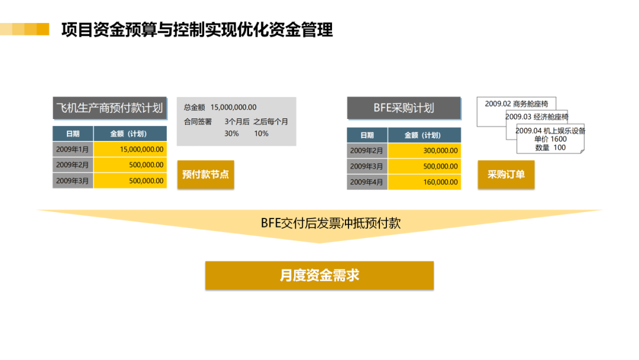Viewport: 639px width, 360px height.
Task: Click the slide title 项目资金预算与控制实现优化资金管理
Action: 197,30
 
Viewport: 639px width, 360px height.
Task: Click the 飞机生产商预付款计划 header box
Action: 109,108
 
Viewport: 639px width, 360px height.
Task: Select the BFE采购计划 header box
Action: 404,108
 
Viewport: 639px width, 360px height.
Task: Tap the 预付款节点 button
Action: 205,175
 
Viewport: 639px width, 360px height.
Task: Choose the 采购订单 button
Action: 506,175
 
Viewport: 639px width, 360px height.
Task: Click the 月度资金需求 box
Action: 319,275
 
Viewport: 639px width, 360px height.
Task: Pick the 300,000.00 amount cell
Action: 424,151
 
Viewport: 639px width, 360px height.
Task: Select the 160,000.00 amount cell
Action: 424,182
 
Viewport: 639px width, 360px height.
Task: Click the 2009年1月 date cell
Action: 72,149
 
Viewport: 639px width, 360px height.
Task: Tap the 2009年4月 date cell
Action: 366,182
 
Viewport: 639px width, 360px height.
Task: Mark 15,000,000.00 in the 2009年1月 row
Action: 130,149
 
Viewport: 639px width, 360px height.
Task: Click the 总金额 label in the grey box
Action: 195,107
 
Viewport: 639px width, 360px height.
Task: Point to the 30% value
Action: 231,134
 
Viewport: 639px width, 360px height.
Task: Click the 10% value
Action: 261,134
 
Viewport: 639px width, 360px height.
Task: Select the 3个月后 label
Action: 237,122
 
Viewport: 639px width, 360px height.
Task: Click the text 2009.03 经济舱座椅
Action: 537,117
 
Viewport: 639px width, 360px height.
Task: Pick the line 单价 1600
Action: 550,139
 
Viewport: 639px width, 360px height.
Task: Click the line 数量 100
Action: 550,147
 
